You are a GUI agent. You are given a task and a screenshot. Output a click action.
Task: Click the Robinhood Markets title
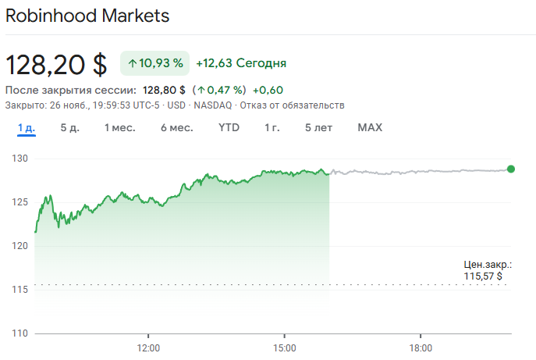click(87, 16)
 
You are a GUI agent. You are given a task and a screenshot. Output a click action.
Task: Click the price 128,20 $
click(56, 64)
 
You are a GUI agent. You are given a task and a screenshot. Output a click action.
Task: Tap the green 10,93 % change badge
click(155, 63)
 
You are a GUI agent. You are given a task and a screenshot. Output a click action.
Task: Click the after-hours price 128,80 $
click(164, 90)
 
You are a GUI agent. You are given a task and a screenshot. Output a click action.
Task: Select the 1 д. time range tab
click(27, 127)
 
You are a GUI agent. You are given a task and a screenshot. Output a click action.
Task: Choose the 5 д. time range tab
click(70, 127)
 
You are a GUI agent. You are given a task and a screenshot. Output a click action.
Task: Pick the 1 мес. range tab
click(120, 127)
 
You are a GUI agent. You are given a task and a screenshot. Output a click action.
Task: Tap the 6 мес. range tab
click(177, 127)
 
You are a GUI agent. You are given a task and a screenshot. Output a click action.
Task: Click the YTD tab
click(229, 127)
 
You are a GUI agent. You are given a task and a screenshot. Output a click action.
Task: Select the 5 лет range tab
click(318, 127)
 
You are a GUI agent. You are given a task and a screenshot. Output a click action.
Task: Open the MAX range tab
click(370, 127)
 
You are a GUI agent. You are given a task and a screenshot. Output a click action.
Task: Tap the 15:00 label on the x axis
click(285, 347)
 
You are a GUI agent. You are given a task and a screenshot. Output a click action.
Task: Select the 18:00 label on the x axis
click(421, 347)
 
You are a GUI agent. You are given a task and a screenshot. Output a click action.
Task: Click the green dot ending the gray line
click(511, 169)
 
